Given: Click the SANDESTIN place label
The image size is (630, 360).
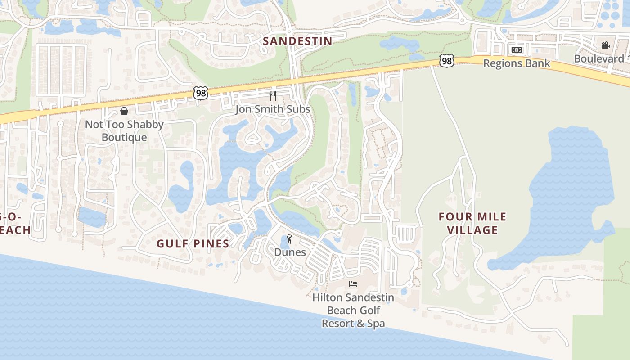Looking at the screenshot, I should (x=297, y=41).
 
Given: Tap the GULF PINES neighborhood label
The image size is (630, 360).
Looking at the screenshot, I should (x=193, y=244).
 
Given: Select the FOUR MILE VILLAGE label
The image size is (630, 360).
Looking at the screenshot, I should (x=472, y=223).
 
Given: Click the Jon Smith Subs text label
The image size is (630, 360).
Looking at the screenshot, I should (x=273, y=109).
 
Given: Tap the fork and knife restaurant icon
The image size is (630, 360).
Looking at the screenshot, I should (x=272, y=95).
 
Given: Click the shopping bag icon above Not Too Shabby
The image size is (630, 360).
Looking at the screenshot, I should (x=124, y=111).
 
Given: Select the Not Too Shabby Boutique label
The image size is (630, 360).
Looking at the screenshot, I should (x=124, y=131).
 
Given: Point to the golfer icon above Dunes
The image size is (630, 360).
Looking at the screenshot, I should (x=289, y=239).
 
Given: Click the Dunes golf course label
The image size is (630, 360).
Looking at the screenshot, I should (x=290, y=252).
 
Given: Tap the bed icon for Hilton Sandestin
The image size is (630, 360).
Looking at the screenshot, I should (x=353, y=283).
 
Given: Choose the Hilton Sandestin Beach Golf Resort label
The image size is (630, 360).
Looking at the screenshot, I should (x=353, y=310).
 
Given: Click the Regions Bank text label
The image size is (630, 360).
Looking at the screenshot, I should (x=517, y=63).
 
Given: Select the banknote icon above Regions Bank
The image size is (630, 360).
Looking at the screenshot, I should (x=517, y=49).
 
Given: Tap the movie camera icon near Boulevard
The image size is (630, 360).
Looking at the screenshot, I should (x=606, y=45).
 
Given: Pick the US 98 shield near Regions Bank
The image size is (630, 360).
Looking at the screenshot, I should (x=447, y=61).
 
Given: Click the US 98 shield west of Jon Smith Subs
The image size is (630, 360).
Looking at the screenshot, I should (x=201, y=93).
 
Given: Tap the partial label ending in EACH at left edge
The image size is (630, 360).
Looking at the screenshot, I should (x=15, y=230).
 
